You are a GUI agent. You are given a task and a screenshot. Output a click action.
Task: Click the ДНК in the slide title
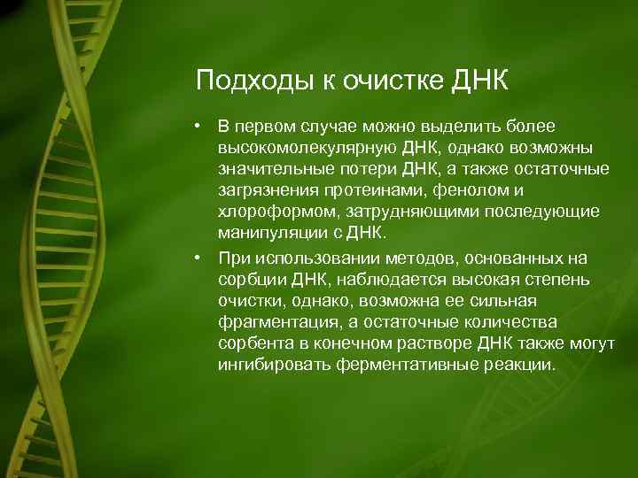[x=478, y=81]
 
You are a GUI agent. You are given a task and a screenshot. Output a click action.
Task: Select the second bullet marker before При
[x=203, y=256]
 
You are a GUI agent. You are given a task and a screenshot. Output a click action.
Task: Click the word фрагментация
[x=273, y=323]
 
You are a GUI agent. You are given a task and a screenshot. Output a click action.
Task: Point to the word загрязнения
[x=265, y=189]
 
